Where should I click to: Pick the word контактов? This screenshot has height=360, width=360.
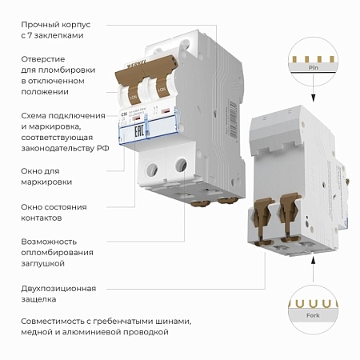41,218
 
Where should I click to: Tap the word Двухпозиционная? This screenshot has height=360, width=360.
58,288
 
